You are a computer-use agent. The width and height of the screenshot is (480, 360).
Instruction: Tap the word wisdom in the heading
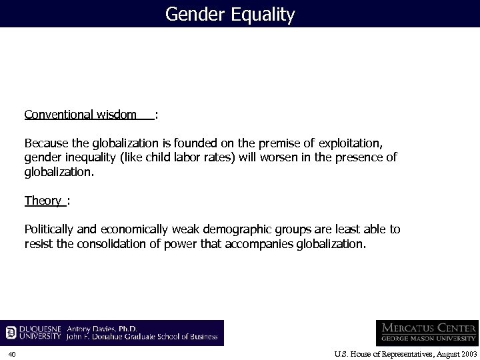pos(116,114)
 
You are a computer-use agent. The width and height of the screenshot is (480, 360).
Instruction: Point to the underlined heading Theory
pos(43,200)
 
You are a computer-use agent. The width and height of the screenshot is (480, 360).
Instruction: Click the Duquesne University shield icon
pos(11,332)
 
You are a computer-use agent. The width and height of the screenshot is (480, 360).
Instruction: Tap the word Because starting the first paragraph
pos(46,143)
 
